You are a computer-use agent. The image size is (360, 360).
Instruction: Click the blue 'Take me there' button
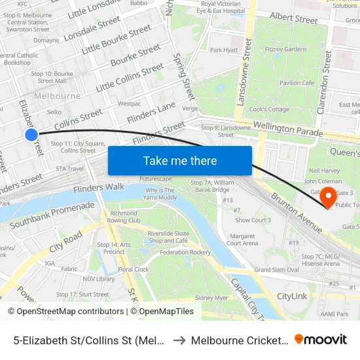(180, 160)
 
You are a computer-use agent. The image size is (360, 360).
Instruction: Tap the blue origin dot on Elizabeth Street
(31, 134)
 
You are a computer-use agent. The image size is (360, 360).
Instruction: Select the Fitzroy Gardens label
(286, 49)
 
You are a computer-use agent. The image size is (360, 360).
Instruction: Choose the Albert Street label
(293, 19)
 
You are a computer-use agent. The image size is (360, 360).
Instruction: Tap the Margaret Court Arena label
(242, 240)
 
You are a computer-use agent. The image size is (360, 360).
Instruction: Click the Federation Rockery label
(185, 252)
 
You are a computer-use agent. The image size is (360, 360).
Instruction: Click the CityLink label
(291, 297)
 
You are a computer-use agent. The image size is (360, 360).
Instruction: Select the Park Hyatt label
(223, 50)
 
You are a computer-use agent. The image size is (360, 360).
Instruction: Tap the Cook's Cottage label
(269, 109)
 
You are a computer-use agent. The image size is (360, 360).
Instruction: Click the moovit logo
(321, 339)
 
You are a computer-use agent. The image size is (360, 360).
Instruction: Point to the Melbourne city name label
(57, 96)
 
